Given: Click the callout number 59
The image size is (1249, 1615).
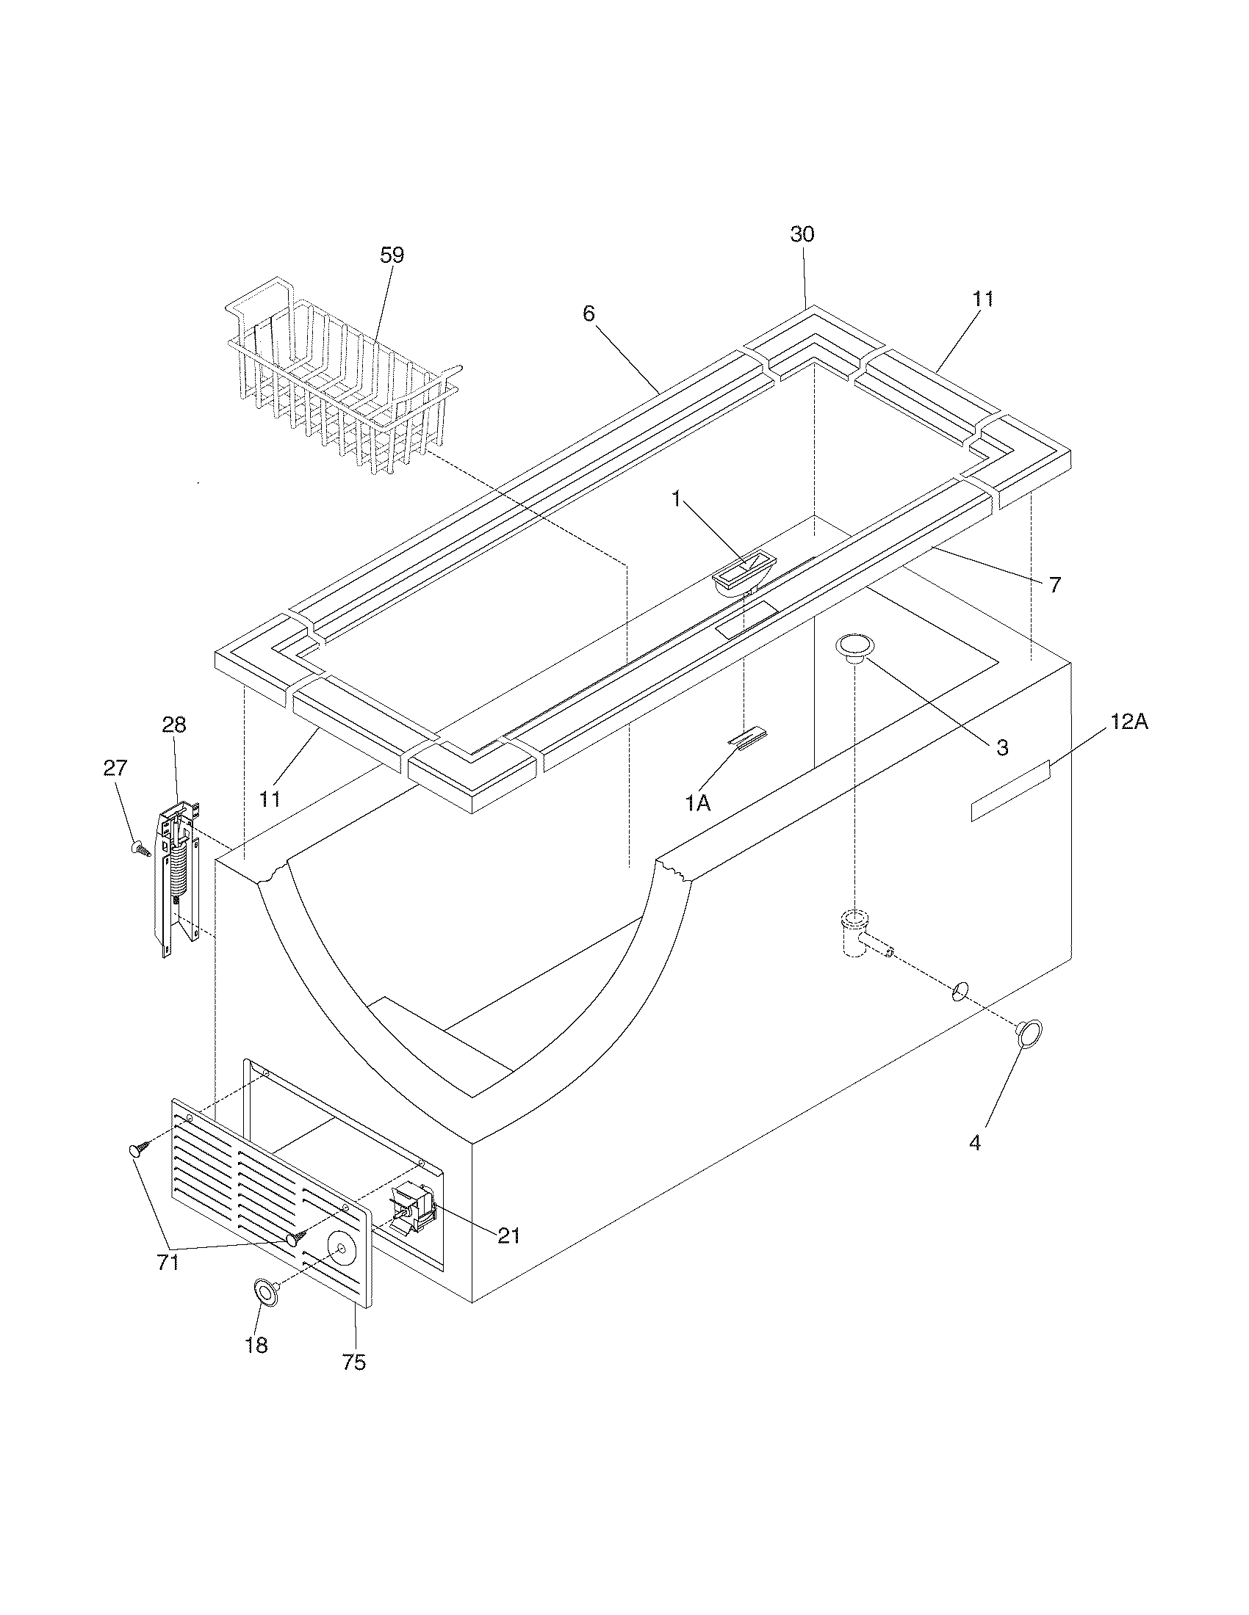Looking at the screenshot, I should [392, 255].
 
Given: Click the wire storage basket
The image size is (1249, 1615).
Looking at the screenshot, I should [340, 377].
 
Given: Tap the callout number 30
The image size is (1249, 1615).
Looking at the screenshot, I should [802, 234].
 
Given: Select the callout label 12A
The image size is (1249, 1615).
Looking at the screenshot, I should [1129, 722].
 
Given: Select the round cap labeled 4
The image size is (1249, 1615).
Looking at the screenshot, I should [1029, 1033].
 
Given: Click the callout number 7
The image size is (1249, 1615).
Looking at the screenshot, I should [1054, 585].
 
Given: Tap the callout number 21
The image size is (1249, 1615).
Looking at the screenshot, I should [508, 1235].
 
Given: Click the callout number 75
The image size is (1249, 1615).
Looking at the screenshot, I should [353, 1361].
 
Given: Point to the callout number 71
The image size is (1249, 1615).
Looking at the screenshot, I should [168, 1263].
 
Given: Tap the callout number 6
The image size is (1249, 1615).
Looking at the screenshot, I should [588, 313].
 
